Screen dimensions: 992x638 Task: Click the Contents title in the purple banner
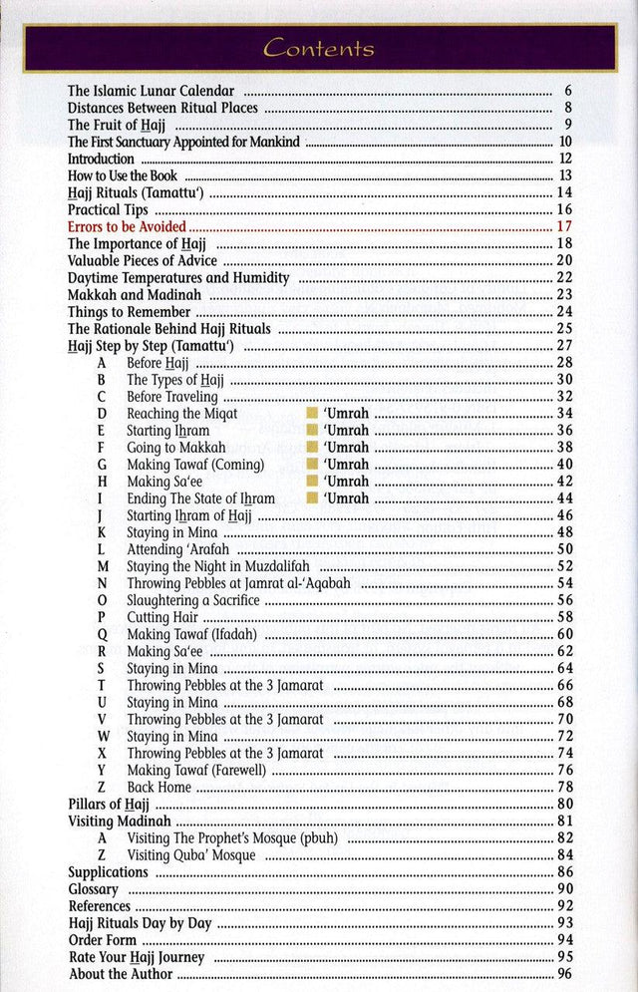(x=319, y=48)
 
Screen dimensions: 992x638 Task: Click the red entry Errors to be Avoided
(x=127, y=227)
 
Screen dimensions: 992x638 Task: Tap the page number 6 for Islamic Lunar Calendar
(x=566, y=91)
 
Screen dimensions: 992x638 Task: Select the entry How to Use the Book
(x=123, y=175)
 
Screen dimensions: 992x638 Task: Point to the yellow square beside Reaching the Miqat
(x=312, y=414)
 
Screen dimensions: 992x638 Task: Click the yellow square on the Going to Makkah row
(x=312, y=448)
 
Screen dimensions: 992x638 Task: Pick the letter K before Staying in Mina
(x=101, y=532)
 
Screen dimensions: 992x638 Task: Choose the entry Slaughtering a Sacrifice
(x=192, y=600)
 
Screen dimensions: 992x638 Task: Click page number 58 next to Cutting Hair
(x=564, y=617)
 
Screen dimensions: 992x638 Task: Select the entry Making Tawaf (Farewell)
(x=196, y=770)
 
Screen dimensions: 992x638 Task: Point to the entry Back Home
(x=159, y=787)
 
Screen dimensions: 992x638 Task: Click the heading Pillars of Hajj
(x=109, y=804)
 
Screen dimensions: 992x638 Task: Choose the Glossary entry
(x=94, y=888)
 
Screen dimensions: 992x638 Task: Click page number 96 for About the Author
(x=564, y=974)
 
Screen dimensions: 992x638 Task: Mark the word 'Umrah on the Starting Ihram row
(x=347, y=431)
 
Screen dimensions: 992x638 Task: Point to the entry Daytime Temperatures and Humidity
(x=178, y=278)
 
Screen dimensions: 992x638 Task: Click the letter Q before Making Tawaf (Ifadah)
(x=102, y=634)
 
